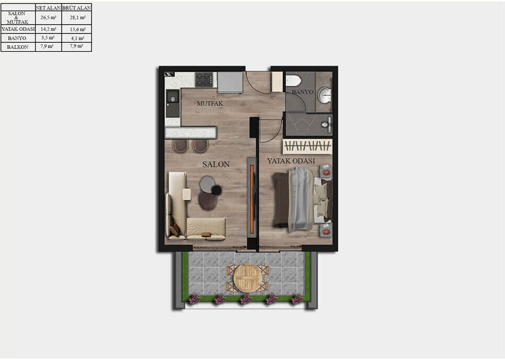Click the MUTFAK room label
210,104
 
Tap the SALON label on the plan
216,164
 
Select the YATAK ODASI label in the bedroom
291,161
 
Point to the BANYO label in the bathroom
302,92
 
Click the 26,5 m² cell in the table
48,18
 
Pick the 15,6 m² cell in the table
77,29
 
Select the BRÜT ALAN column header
76,8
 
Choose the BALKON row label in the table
17,47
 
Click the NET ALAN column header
48,8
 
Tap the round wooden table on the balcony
247,277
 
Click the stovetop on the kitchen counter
204,80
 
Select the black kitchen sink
172,104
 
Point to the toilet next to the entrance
293,80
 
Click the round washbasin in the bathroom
325,95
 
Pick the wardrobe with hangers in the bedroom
307,145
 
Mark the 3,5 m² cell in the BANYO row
48,38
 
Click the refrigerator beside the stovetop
229,82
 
